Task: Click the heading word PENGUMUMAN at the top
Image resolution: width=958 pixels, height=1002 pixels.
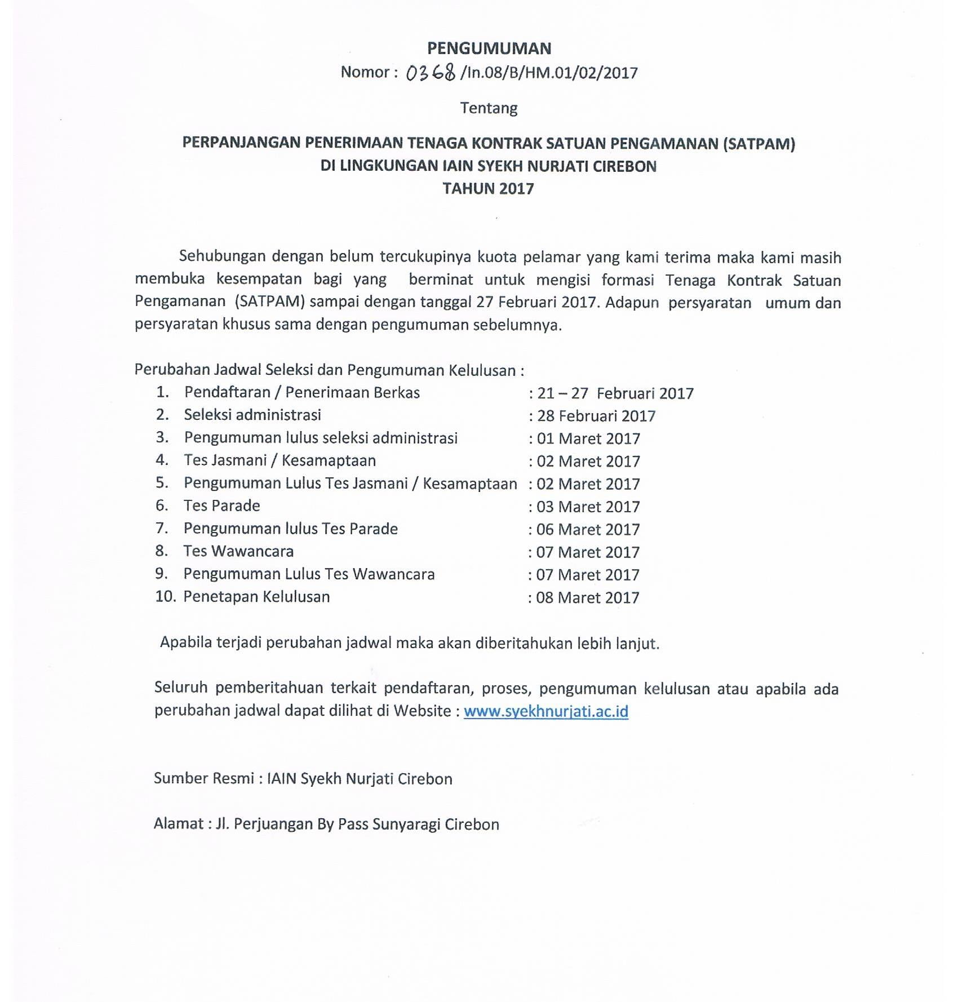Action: [489, 48]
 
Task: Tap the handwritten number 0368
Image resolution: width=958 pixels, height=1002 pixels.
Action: [431, 73]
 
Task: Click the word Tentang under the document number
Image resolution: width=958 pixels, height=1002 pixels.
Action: [489, 108]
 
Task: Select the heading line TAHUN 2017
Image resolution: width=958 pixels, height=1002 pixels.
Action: [488, 188]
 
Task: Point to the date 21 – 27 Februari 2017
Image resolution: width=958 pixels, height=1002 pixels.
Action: [615, 393]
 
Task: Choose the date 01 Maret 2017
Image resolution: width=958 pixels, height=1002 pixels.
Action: [588, 438]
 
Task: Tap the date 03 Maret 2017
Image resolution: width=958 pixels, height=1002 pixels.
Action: [588, 507]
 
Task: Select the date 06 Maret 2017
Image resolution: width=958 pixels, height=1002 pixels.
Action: [588, 529]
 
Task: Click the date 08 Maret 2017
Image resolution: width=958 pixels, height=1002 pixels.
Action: [588, 597]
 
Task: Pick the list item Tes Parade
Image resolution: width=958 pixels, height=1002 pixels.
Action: [221, 506]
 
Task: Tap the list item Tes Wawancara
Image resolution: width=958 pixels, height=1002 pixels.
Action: [238, 551]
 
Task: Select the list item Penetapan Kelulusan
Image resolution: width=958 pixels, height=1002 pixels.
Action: [256, 597]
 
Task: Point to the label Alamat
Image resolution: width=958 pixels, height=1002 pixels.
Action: [178, 824]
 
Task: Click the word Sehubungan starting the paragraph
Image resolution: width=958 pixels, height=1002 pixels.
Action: [221, 256]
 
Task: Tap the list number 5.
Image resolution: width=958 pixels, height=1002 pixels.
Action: [162, 483]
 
